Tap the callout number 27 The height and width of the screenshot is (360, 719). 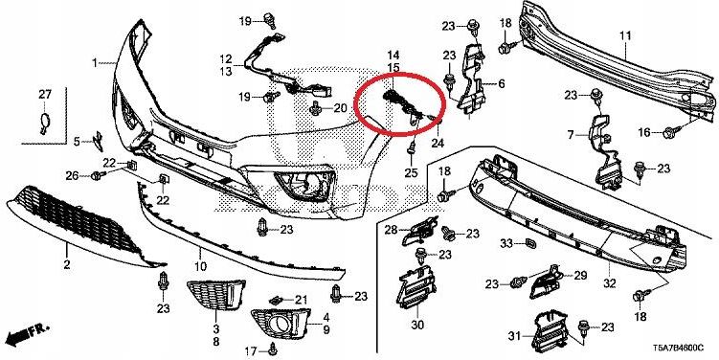(43, 93)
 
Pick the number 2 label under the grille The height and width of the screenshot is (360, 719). (67, 263)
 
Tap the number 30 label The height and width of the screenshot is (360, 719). (417, 326)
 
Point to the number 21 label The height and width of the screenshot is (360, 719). (300, 302)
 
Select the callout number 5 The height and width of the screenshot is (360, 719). (78, 142)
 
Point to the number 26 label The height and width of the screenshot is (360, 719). (72, 175)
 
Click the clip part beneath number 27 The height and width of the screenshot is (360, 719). (42, 121)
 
